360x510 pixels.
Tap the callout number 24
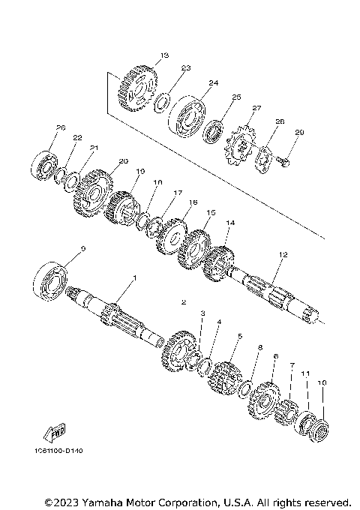tap(213, 82)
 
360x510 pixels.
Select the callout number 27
tap(256, 108)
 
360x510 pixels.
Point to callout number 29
tap(298, 133)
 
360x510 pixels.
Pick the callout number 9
tap(83, 249)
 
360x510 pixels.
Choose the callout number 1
tap(135, 278)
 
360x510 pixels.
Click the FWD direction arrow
tap(54, 433)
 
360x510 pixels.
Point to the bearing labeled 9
tap(51, 281)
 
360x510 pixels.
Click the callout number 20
tap(124, 161)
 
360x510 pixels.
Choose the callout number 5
tap(239, 338)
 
